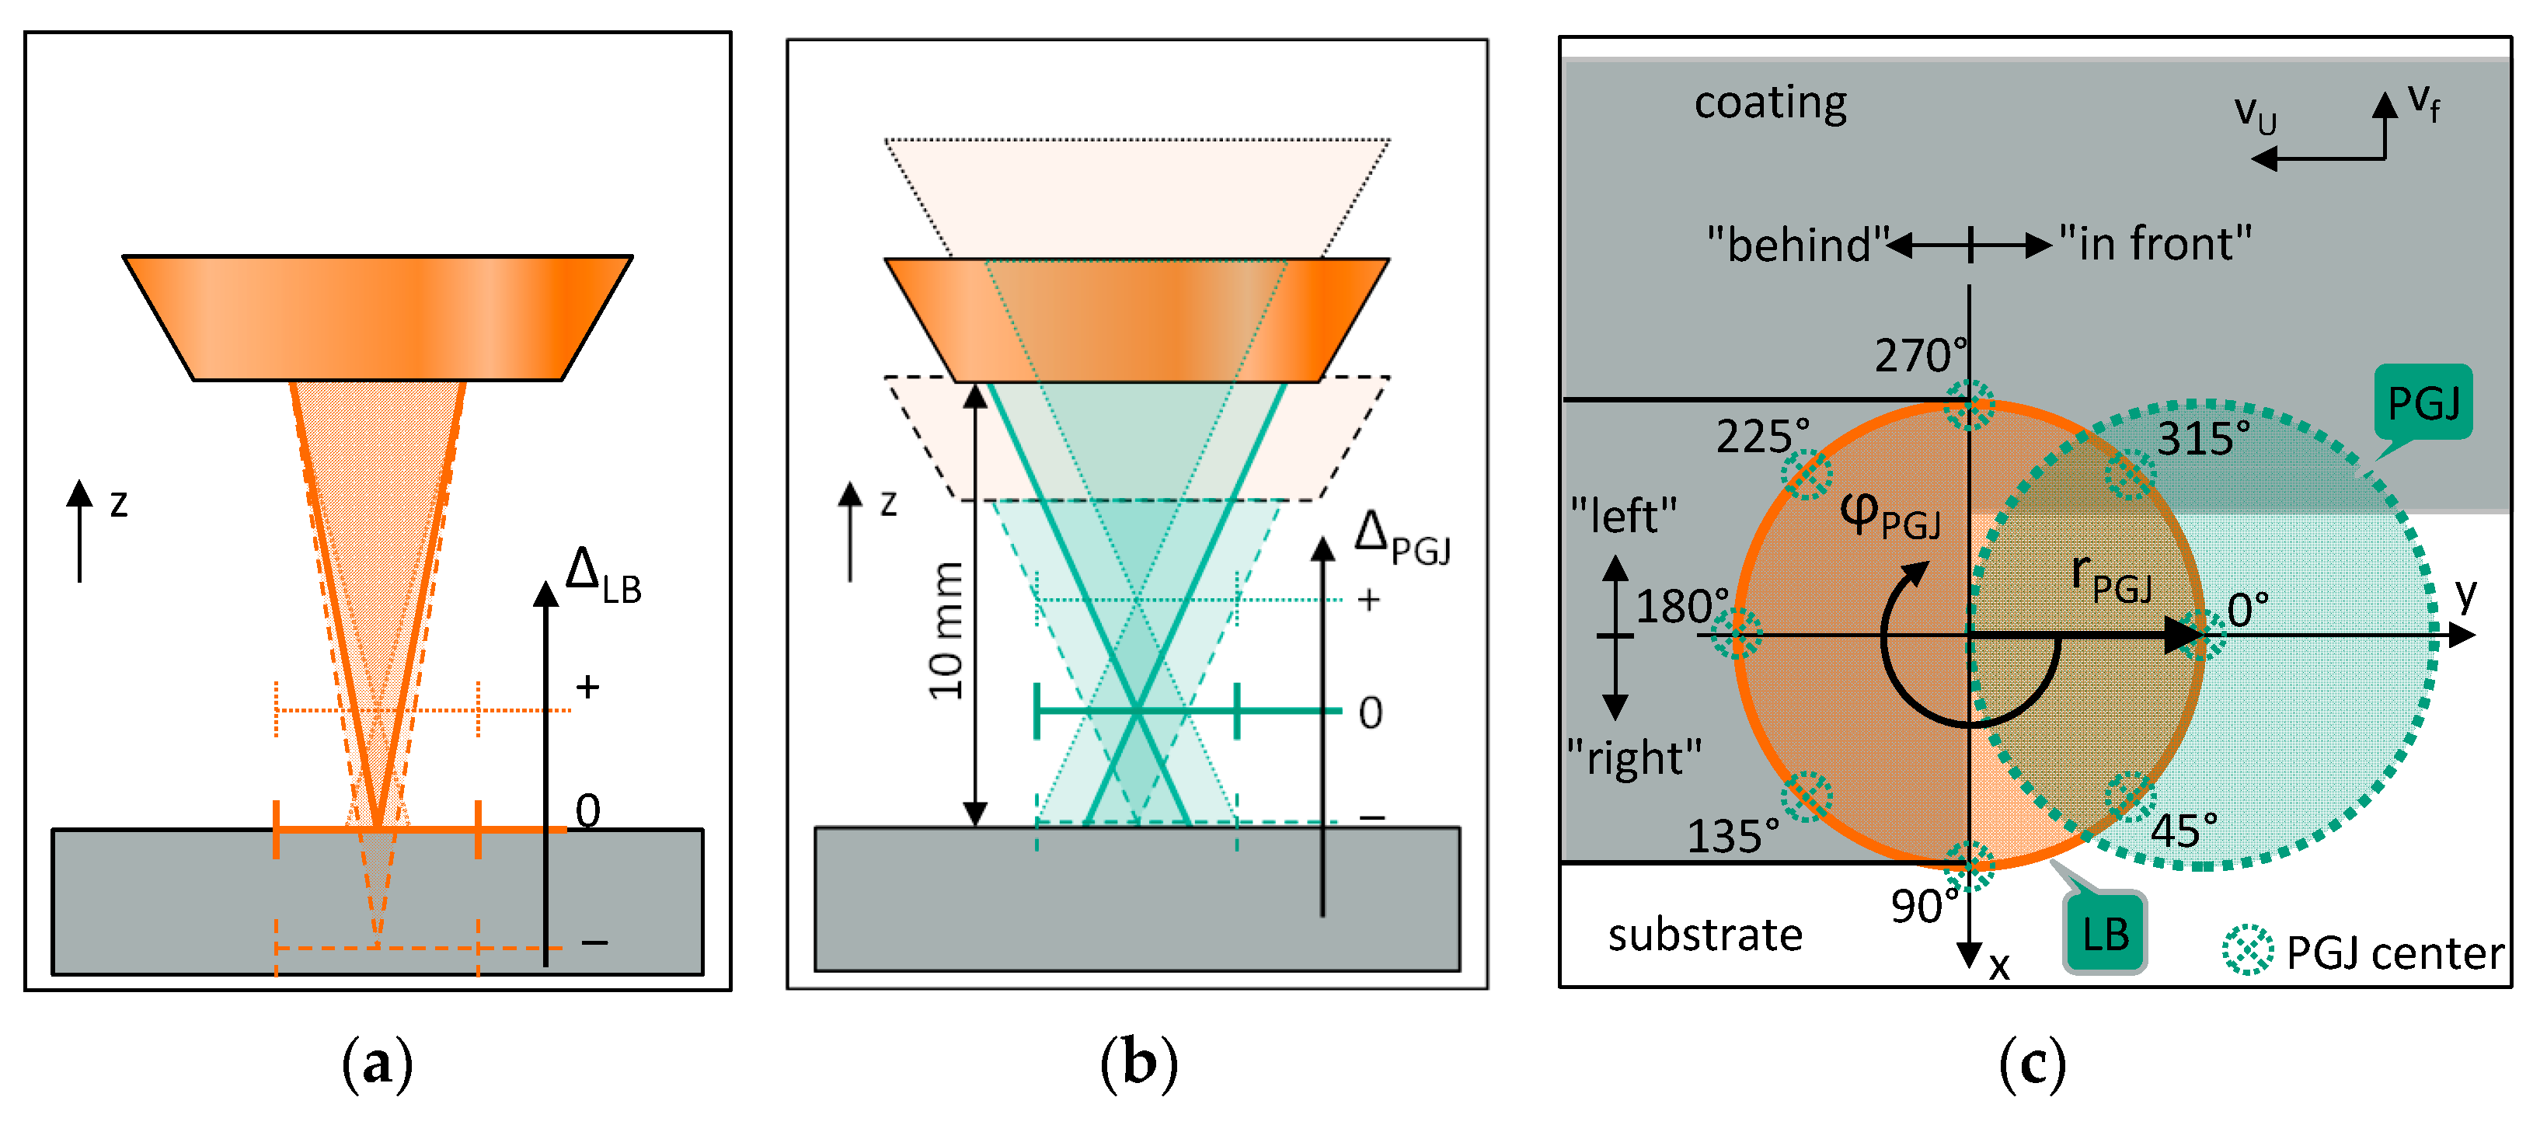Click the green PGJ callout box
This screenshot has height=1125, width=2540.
click(x=2422, y=402)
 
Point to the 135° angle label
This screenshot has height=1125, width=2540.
click(x=1733, y=835)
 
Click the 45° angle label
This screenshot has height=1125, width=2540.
click(x=2183, y=831)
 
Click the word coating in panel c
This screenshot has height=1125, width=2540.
click(x=1770, y=103)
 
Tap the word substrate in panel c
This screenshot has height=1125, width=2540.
click(x=1705, y=934)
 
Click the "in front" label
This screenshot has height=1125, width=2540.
click(x=2155, y=242)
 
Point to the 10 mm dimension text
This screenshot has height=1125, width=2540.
click(x=946, y=631)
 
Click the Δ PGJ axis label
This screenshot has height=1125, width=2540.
click(x=1401, y=538)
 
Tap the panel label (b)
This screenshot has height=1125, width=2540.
click(x=1139, y=1065)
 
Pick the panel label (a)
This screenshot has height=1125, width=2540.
click(x=377, y=1065)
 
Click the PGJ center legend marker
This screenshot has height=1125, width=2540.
click(x=2248, y=950)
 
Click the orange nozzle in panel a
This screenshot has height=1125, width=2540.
click(x=378, y=318)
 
